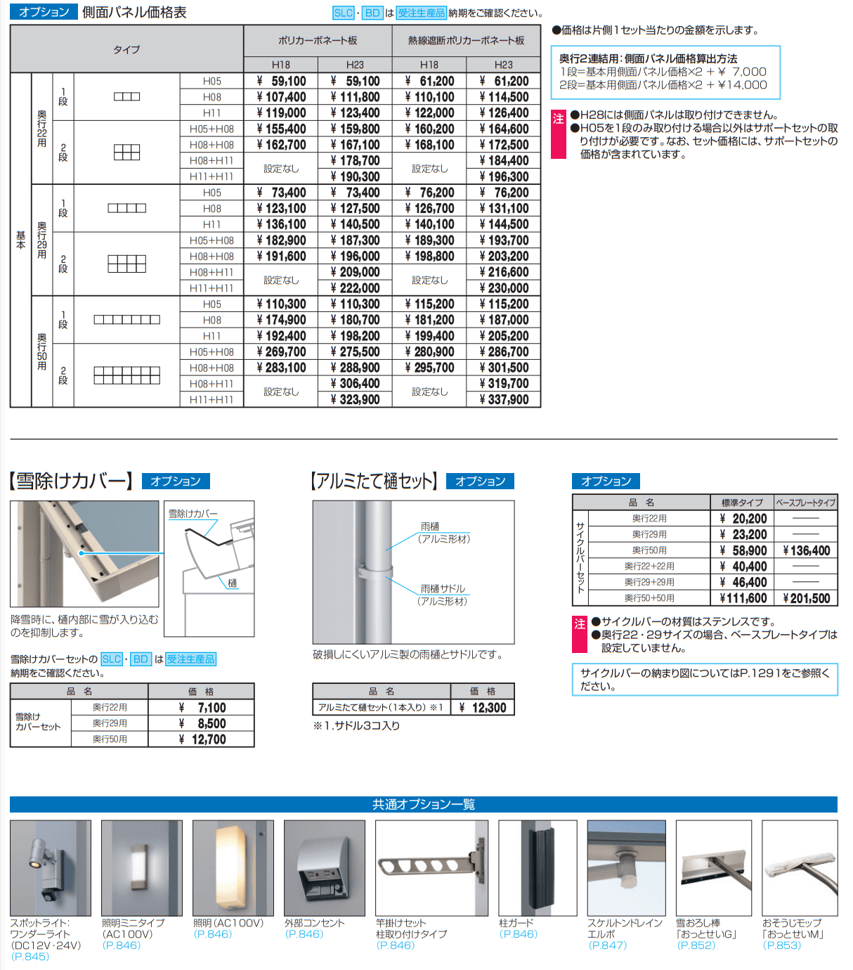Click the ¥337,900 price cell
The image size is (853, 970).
[x=504, y=399]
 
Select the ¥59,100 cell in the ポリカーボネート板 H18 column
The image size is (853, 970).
[x=281, y=81]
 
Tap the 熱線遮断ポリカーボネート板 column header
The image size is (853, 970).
[x=466, y=41]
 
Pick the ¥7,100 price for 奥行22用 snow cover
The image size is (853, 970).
[x=202, y=708]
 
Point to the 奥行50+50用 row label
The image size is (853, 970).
[x=649, y=598]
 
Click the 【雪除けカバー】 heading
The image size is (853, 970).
[x=71, y=481]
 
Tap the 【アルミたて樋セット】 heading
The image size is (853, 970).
[x=375, y=481]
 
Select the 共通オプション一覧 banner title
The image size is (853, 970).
[x=424, y=804]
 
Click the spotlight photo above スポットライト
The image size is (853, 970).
[x=51, y=867]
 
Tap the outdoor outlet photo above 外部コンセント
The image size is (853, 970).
[x=325, y=867]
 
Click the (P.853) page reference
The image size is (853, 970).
[x=781, y=945]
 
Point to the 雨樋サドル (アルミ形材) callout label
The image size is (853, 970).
[x=443, y=595]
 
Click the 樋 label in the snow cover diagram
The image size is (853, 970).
[x=233, y=583]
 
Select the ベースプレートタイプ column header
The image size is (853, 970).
[x=805, y=503]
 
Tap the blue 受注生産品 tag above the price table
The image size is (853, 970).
[x=422, y=13]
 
